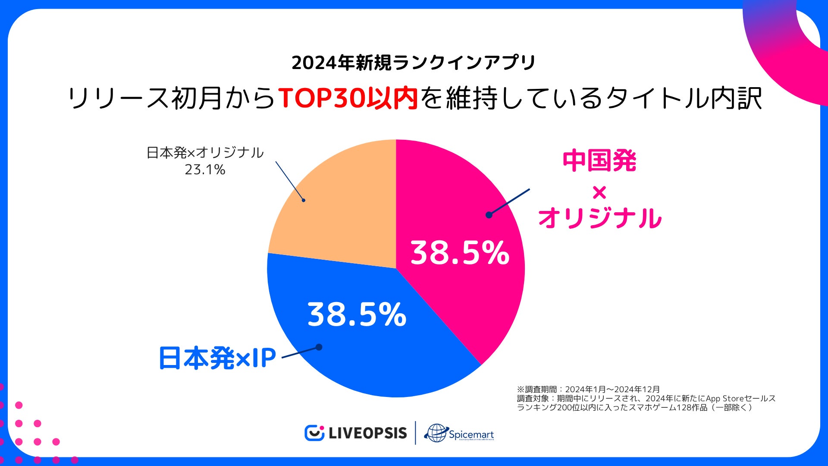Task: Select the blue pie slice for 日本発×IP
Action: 367,358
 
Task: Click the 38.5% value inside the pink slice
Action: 460,253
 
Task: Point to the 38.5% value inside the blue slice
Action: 357,315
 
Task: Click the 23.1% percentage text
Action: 205,170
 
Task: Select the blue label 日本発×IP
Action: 217,358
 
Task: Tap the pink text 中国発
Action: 599,161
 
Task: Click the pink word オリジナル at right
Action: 599,218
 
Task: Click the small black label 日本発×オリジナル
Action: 205,152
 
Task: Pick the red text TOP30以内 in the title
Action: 348,98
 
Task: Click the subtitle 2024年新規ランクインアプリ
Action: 413,63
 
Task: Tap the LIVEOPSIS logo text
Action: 367,433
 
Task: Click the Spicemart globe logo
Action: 436,433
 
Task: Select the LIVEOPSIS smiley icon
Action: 314,433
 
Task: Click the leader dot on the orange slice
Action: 304,200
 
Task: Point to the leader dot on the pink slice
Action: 489,215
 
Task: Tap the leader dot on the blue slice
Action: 319,347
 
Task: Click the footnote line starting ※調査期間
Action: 588,389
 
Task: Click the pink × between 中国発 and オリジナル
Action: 599,192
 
